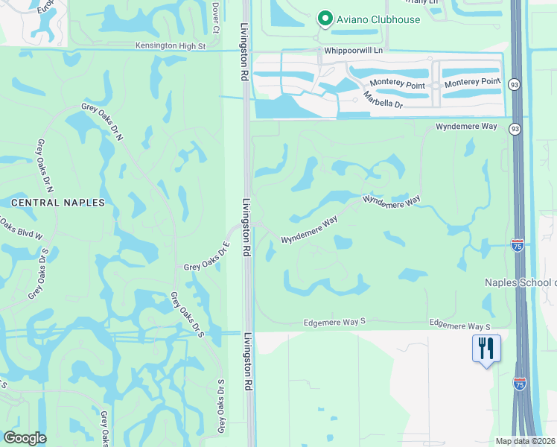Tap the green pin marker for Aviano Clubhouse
pos(325,18)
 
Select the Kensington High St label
pos(170,46)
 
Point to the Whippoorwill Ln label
pos(353,51)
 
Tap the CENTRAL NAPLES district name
pos(58,202)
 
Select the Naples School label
pos(521,282)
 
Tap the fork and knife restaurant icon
pos(486,349)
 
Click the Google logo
pos(25,438)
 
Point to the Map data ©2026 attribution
pos(526,441)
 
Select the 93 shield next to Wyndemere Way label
pos(515,129)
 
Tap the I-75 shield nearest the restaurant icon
pos(520,383)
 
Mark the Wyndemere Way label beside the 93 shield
pos(466,127)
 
